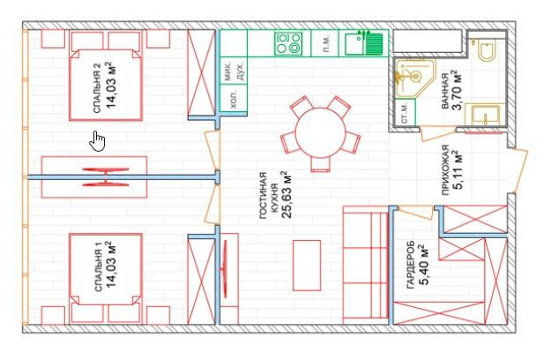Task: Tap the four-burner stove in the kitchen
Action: click(x=288, y=43)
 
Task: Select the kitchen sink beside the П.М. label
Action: click(x=364, y=43)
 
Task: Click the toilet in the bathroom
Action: click(x=488, y=51)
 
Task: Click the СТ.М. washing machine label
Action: click(x=405, y=113)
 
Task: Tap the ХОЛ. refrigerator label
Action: click(x=233, y=99)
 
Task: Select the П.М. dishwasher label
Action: click(x=326, y=43)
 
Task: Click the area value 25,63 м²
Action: click(x=287, y=194)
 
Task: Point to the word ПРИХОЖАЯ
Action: click(x=445, y=169)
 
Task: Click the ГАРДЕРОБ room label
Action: click(x=411, y=265)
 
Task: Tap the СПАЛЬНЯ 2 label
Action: click(x=97, y=88)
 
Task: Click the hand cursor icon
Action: click(x=97, y=141)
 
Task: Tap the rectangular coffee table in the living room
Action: click(x=307, y=266)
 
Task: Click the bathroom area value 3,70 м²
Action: click(x=458, y=90)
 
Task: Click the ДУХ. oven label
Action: click(x=241, y=71)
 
